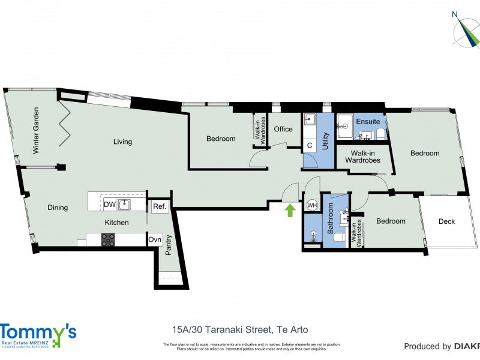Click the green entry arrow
click(x=290, y=210)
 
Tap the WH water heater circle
click(x=312, y=205)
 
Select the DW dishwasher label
click(x=110, y=205)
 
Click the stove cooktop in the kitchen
click(x=108, y=240)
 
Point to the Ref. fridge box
click(x=159, y=206)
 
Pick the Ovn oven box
click(x=155, y=239)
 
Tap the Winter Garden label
click(x=36, y=130)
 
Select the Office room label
click(x=283, y=129)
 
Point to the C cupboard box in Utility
click(x=310, y=145)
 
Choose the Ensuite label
click(x=368, y=122)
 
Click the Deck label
click(x=446, y=221)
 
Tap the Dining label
click(x=58, y=208)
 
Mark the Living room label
click(x=123, y=142)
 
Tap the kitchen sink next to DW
click(x=125, y=205)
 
